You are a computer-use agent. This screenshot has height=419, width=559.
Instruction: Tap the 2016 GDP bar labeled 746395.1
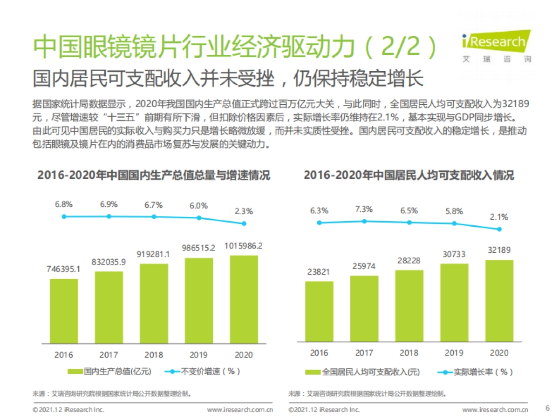(x=64, y=311)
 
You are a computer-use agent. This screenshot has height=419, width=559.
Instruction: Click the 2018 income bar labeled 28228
(x=409, y=306)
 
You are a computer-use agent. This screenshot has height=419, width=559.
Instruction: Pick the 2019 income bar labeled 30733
(x=454, y=303)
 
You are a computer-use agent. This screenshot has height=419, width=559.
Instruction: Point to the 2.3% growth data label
(x=244, y=211)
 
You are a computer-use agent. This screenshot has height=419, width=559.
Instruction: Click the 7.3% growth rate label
(x=364, y=209)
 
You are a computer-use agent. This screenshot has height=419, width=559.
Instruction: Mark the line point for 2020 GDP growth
(x=244, y=223)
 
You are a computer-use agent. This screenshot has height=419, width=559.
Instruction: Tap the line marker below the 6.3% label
(x=319, y=223)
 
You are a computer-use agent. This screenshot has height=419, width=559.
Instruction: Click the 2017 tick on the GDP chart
(x=109, y=355)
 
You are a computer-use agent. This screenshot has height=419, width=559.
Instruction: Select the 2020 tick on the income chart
(x=499, y=353)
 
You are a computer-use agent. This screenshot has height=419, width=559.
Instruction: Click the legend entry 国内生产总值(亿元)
(x=110, y=371)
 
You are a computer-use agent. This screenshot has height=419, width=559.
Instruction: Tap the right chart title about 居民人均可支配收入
(x=409, y=176)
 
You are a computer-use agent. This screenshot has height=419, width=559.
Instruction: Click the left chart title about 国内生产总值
(x=154, y=176)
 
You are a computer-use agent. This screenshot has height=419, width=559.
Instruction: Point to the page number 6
(x=547, y=408)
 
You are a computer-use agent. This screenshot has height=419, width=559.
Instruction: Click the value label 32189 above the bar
(x=499, y=250)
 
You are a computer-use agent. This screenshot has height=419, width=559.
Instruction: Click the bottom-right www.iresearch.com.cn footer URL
(x=495, y=410)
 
